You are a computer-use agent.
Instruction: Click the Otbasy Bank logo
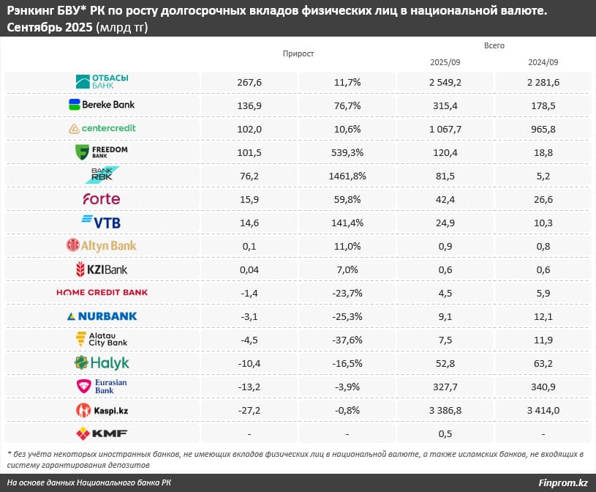[x=102, y=81]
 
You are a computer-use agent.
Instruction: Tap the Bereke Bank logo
[x=102, y=105]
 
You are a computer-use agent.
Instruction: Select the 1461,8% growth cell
[x=347, y=176]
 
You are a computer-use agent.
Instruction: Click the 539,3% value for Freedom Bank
[x=347, y=152]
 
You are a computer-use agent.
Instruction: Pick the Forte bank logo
[x=102, y=199]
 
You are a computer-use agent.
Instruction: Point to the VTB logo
[x=102, y=222]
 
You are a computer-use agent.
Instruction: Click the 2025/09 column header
[x=445, y=62]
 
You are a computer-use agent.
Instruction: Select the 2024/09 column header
[x=543, y=62]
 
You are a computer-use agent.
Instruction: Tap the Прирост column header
[x=298, y=54]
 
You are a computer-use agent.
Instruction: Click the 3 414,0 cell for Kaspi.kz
[x=543, y=410]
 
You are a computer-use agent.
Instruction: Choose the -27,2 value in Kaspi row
[x=249, y=410]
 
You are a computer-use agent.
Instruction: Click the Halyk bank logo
[x=102, y=362]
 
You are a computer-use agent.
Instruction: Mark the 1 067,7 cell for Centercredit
[x=445, y=128]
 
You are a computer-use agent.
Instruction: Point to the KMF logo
[x=102, y=433]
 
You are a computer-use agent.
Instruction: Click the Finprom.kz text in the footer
[x=562, y=482]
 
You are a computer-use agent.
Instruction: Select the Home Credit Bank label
[x=102, y=292]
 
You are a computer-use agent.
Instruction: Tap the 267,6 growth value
[x=249, y=82]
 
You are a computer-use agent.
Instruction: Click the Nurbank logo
[x=102, y=316]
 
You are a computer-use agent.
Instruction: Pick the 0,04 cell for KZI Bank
[x=249, y=269]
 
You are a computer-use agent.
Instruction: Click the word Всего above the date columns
[x=494, y=46]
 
